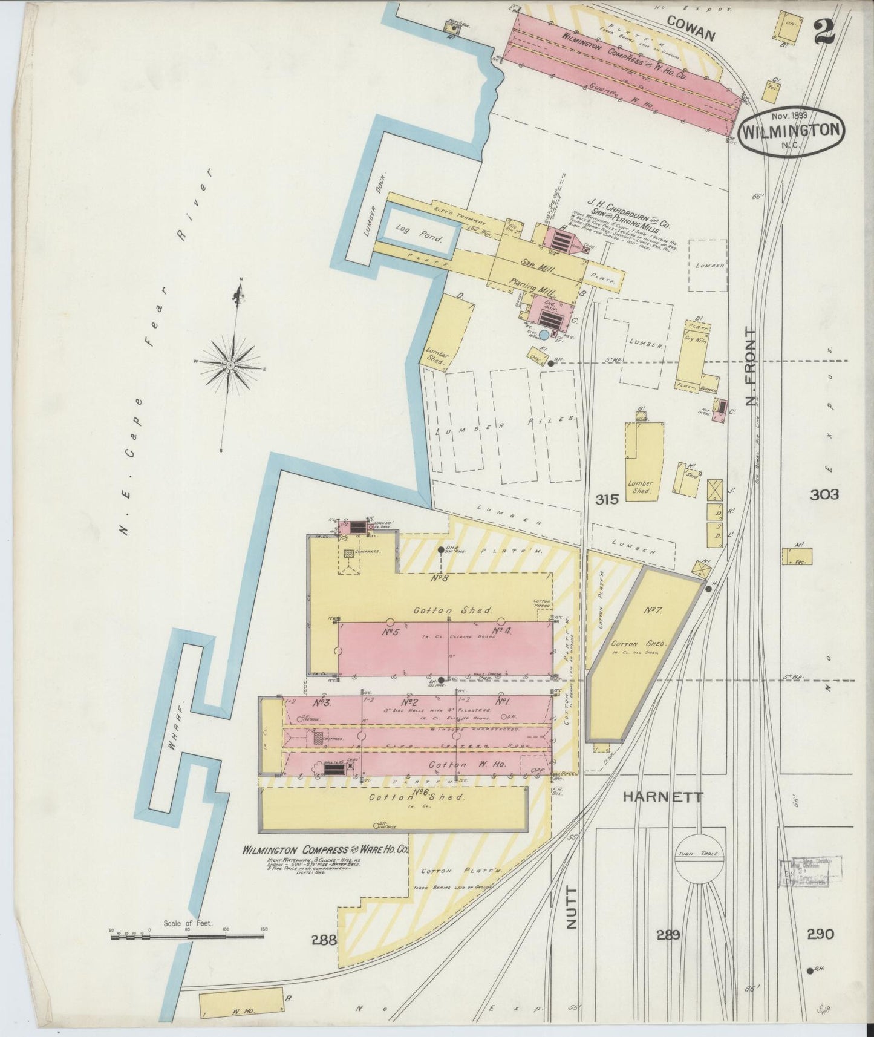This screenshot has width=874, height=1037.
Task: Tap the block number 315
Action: pyautogui.click(x=607, y=499)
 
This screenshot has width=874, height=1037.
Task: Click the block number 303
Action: pyautogui.click(x=824, y=494)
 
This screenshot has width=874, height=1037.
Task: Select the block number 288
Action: pyautogui.click(x=324, y=939)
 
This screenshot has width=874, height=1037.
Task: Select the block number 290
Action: pyautogui.click(x=820, y=934)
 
